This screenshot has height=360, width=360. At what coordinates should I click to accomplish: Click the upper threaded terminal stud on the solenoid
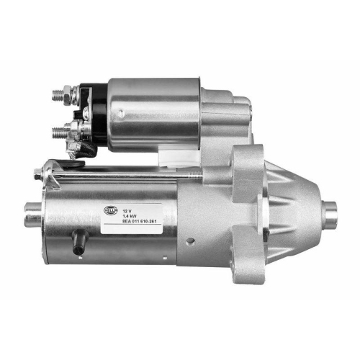click(60, 94)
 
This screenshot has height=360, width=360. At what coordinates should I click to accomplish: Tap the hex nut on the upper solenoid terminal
click(71, 94)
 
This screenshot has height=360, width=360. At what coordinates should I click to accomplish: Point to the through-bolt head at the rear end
click(45, 173)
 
